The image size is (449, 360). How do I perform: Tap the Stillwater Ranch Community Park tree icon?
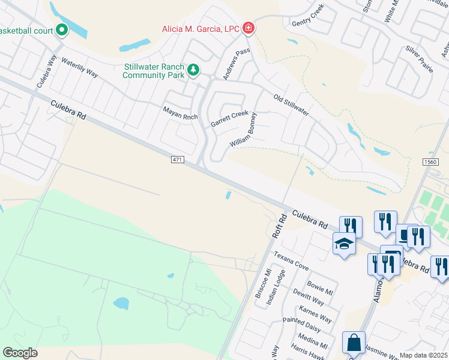tap(193, 71)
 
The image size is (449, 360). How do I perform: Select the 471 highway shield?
tap(175, 159)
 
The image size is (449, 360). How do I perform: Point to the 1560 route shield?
tap(430, 162)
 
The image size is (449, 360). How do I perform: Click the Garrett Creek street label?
tap(229, 118)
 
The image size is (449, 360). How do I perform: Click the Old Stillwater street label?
tap(291, 105)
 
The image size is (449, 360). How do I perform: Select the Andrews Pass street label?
tap(236, 65)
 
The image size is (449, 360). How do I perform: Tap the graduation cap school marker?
tap(344, 244)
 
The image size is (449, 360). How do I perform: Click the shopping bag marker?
tap(354, 343)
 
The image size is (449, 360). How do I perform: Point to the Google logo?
tap(20, 352)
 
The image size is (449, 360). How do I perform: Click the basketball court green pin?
tap(61, 29)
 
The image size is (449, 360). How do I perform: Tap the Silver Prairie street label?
tap(418, 58)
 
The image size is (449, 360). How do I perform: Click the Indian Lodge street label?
tap(276, 287)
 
